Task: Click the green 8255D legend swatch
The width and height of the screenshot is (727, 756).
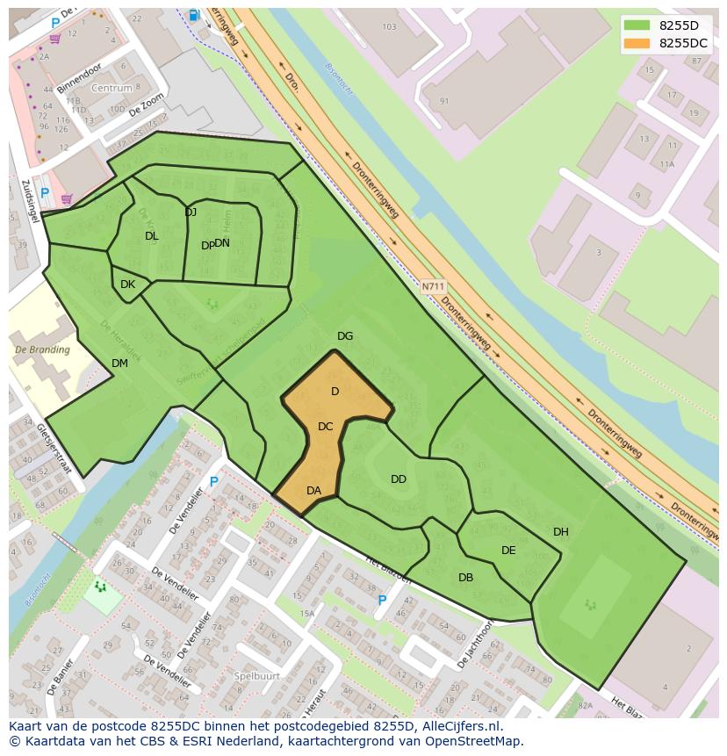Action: click(x=637, y=25)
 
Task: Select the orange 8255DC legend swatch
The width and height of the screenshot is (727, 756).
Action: click(x=637, y=43)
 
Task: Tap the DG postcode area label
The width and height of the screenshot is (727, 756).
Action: click(x=345, y=336)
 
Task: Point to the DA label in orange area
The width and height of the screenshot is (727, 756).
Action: click(x=313, y=491)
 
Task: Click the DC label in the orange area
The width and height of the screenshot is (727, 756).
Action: click(x=326, y=427)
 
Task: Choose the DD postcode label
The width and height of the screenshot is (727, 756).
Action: click(x=399, y=479)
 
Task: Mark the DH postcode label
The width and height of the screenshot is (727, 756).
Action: click(x=561, y=532)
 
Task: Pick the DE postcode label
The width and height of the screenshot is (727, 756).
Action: click(x=508, y=551)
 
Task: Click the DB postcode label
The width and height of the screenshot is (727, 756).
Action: click(x=465, y=578)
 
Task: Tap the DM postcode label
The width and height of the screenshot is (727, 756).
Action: click(x=120, y=364)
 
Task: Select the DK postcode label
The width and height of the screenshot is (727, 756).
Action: click(x=127, y=284)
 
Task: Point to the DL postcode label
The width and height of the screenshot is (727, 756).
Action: click(x=152, y=236)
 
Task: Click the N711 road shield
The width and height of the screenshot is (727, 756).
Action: click(x=433, y=286)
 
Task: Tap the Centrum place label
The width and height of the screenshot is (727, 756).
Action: click(x=112, y=89)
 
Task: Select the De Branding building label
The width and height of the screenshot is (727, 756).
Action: click(x=42, y=350)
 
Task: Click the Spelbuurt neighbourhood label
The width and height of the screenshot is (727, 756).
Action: click(x=257, y=676)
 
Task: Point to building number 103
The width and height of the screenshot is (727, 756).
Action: click(x=390, y=27)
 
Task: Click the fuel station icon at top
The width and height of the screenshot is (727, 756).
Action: click(x=193, y=15)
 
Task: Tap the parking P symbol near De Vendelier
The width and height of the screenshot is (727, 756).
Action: click(x=213, y=482)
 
